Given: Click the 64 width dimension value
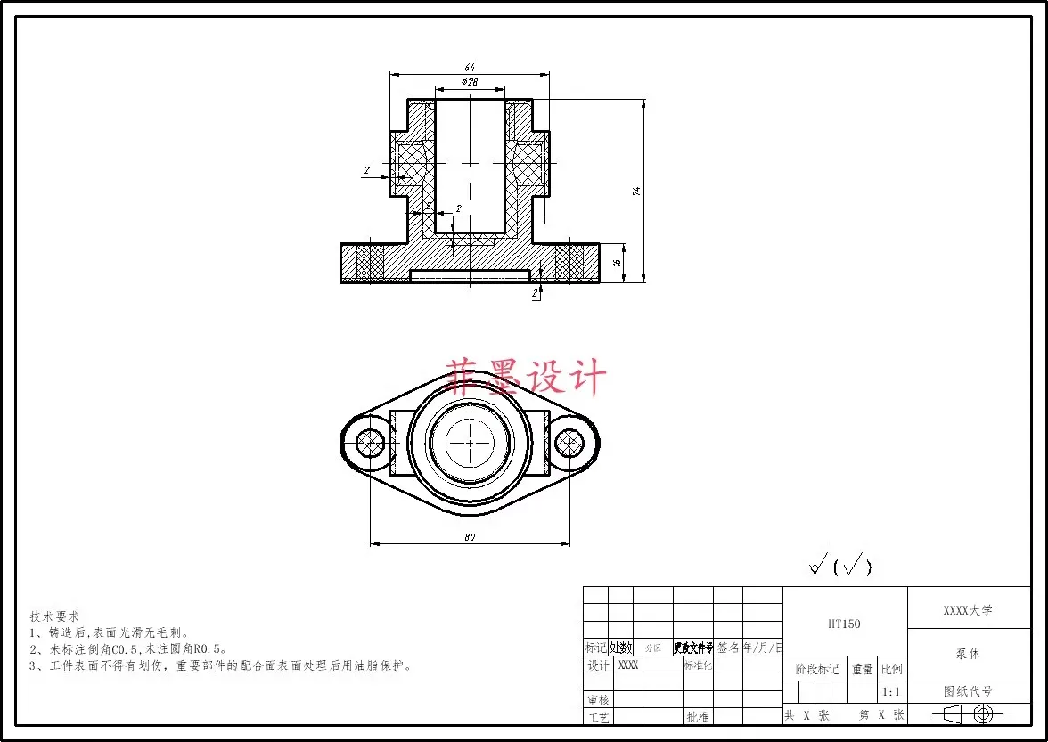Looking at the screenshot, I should (x=470, y=67).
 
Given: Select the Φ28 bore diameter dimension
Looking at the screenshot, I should (x=470, y=82).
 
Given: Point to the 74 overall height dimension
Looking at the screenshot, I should (x=636, y=191).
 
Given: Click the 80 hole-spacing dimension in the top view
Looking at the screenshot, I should (x=470, y=536).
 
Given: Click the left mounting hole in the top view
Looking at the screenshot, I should (x=368, y=441).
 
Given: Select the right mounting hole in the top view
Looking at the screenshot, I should (x=569, y=441).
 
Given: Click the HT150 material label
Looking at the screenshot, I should (x=844, y=624).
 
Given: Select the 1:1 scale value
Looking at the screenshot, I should (x=890, y=692).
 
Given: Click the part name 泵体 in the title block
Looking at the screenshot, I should (x=968, y=654).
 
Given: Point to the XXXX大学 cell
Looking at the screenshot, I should (x=968, y=611).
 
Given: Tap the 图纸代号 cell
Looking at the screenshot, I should (x=968, y=691).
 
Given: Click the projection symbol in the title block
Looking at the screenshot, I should (x=968, y=713).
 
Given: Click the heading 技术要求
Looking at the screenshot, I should (x=54, y=616).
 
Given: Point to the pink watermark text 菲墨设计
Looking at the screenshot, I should (x=527, y=378).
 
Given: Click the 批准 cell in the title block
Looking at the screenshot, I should (x=697, y=716).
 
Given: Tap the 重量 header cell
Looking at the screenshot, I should (x=862, y=670).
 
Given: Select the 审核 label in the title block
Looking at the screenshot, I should (x=598, y=700).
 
